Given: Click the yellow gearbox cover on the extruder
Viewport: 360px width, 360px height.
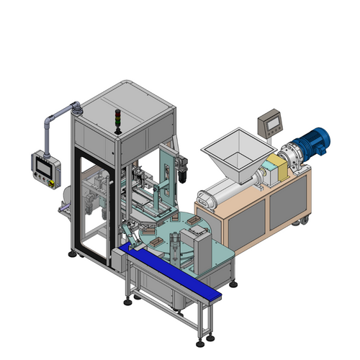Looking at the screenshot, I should tap(279, 167).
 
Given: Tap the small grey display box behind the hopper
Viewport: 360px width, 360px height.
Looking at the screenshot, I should tap(271, 121).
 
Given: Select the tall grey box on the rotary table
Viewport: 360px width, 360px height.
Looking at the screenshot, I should tap(204, 248).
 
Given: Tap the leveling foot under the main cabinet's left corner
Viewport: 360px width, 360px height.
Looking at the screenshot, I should tap(73, 253).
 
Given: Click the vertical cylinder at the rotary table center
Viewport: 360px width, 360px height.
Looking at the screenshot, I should tap(175, 244).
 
